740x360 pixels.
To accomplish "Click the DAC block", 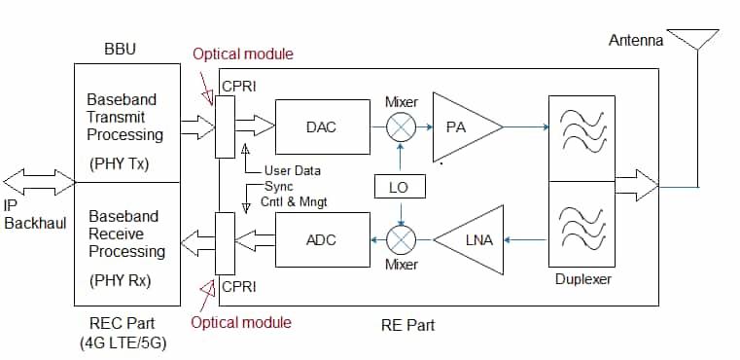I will tap(321, 127).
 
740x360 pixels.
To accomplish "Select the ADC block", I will tap(321, 239).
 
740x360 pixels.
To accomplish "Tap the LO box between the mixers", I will tap(399, 187).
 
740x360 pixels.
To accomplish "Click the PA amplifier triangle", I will tap(461, 127).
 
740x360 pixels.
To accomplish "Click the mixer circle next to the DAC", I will tap(401, 127).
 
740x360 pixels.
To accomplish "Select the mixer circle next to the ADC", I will tap(401, 239).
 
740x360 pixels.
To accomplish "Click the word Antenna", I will tap(636, 41).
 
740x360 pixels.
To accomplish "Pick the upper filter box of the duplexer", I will tap(582, 138).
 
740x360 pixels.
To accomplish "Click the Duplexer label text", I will tap(582, 280).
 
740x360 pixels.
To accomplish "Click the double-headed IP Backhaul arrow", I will tap(39, 181).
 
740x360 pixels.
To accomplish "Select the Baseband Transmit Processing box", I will tap(126, 123).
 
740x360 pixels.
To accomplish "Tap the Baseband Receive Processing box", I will tap(126, 242).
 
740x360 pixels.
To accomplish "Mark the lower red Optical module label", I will tap(240, 322).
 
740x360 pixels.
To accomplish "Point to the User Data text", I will tap(293, 169).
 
